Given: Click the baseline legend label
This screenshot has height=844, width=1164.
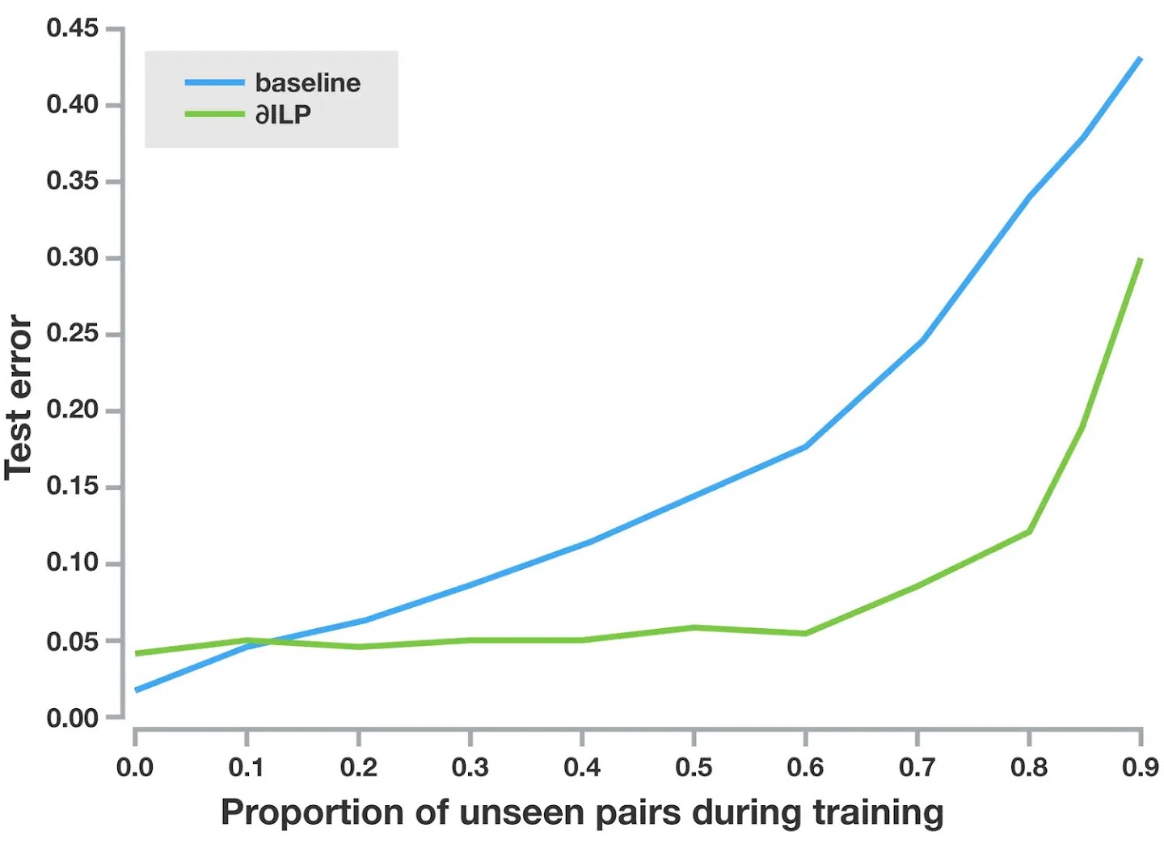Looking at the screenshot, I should tap(307, 82).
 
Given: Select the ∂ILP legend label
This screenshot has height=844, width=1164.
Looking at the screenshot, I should tap(283, 115).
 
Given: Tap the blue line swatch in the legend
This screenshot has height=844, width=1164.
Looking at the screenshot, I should tap(214, 82).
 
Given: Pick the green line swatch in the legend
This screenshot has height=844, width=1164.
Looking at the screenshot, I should tap(214, 114).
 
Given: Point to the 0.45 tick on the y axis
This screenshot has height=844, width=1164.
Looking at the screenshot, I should tap(73, 28).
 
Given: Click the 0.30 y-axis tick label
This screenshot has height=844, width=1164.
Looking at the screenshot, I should tap(73, 258).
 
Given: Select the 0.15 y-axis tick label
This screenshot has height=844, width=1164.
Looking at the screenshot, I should tap(73, 487).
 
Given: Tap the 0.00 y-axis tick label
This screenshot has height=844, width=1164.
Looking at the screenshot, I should tap(73, 718).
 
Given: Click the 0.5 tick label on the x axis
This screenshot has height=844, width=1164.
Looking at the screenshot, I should tap(694, 766).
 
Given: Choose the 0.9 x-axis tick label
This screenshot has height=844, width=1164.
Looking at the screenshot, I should tap(1140, 766).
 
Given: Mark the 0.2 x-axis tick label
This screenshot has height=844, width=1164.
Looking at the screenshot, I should tap(358, 766).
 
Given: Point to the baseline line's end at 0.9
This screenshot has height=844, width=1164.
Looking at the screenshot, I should tap(1140, 59).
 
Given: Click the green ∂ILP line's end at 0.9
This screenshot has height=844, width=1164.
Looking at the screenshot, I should tap(1140, 260).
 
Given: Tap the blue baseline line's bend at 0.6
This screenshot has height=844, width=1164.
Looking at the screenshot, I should tap(805, 446).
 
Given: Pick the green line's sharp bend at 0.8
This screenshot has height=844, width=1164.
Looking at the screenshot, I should tap(1028, 531).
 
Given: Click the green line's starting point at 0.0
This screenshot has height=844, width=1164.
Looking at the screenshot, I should tap(137, 653).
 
